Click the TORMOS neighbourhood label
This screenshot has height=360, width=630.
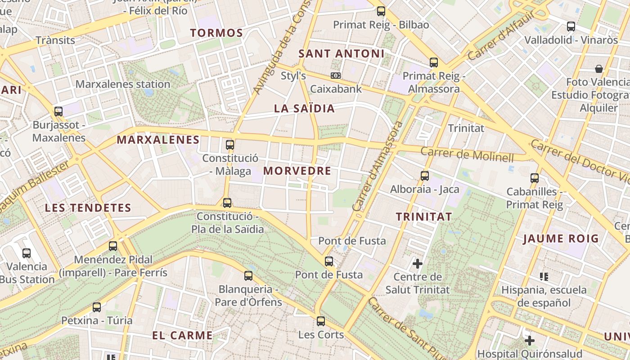(216, 33)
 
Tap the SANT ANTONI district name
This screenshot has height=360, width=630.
(342, 54)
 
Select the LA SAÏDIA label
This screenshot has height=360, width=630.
(305, 108)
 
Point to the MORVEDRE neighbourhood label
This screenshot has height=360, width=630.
(297, 171)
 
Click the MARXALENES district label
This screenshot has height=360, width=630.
(158, 140)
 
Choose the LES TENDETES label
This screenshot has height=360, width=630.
(88, 208)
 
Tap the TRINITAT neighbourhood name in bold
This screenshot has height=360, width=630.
(424, 216)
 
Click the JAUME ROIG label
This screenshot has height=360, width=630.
(561, 238)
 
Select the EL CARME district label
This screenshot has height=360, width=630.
(182, 335)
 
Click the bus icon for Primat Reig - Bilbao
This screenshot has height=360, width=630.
(381, 11)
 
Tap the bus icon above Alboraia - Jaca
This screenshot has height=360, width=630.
(424, 176)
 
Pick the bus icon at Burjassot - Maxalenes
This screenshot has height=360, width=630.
(58, 112)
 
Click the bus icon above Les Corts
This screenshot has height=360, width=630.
(320, 321)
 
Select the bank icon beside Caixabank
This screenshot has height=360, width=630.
(336, 76)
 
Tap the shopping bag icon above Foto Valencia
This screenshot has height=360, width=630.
(598, 69)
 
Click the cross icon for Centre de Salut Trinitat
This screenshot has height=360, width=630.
(418, 263)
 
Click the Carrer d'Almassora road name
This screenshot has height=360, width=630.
(377, 166)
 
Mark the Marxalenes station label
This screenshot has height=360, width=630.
(123, 84)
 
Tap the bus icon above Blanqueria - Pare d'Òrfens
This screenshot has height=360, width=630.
(248, 276)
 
